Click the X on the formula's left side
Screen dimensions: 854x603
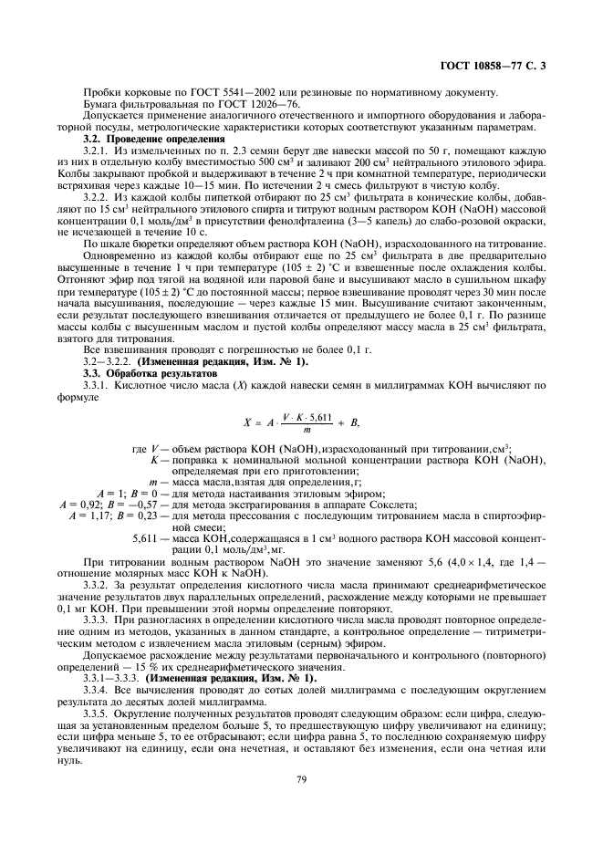[246, 422]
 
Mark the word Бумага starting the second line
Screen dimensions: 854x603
[102, 105]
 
